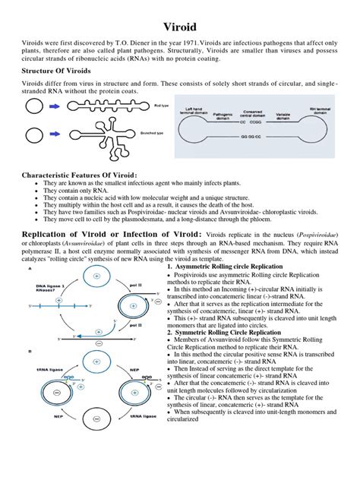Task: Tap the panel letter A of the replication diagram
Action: [x=29, y=268]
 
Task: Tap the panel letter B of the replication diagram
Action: [x=29, y=351]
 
